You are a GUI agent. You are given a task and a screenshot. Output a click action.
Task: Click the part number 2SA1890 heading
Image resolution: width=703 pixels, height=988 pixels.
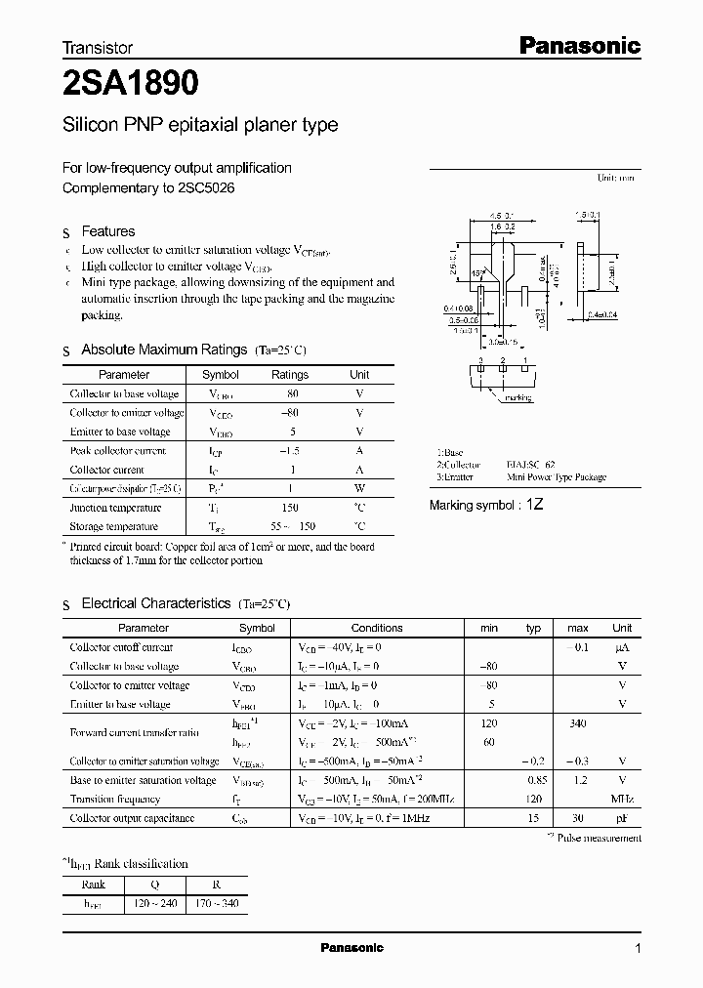click(x=131, y=85)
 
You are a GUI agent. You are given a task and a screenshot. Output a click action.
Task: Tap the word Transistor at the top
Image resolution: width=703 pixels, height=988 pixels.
click(x=98, y=47)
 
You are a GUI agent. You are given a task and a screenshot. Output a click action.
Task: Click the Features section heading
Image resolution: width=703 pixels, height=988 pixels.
click(x=107, y=231)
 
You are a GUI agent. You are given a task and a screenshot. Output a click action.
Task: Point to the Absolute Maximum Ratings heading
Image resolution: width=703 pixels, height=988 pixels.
click(x=164, y=350)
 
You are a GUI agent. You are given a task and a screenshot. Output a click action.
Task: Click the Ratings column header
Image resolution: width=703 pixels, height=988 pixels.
click(x=290, y=375)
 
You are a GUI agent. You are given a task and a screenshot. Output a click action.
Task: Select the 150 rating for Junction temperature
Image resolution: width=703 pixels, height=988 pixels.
click(x=290, y=508)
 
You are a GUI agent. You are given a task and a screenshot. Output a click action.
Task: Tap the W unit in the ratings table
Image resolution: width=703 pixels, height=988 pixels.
click(x=359, y=488)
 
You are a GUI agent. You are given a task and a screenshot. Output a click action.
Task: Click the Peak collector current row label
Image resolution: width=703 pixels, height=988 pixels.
click(x=117, y=451)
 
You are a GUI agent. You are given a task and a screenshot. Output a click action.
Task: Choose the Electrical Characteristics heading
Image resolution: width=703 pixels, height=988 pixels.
click(x=156, y=604)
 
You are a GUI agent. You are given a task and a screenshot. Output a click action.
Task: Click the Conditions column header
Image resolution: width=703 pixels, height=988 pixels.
click(x=377, y=628)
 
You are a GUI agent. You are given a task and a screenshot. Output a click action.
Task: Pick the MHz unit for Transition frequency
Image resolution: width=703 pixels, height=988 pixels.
click(x=622, y=799)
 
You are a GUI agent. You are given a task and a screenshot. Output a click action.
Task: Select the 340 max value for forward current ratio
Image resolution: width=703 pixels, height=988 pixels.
click(x=578, y=723)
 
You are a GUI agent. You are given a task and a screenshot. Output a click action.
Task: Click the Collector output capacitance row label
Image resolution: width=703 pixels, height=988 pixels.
click(x=132, y=818)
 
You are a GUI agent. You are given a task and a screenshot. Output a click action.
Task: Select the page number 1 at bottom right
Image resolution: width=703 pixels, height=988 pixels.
click(x=638, y=948)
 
